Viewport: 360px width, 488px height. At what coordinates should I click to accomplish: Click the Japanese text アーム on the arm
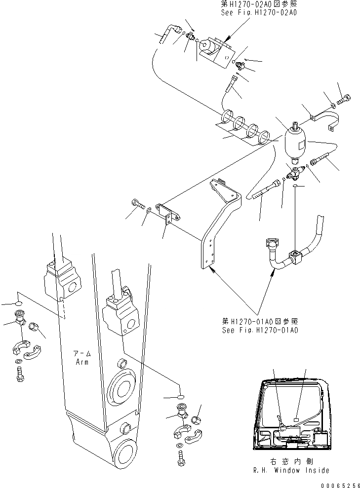coord(82,354)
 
